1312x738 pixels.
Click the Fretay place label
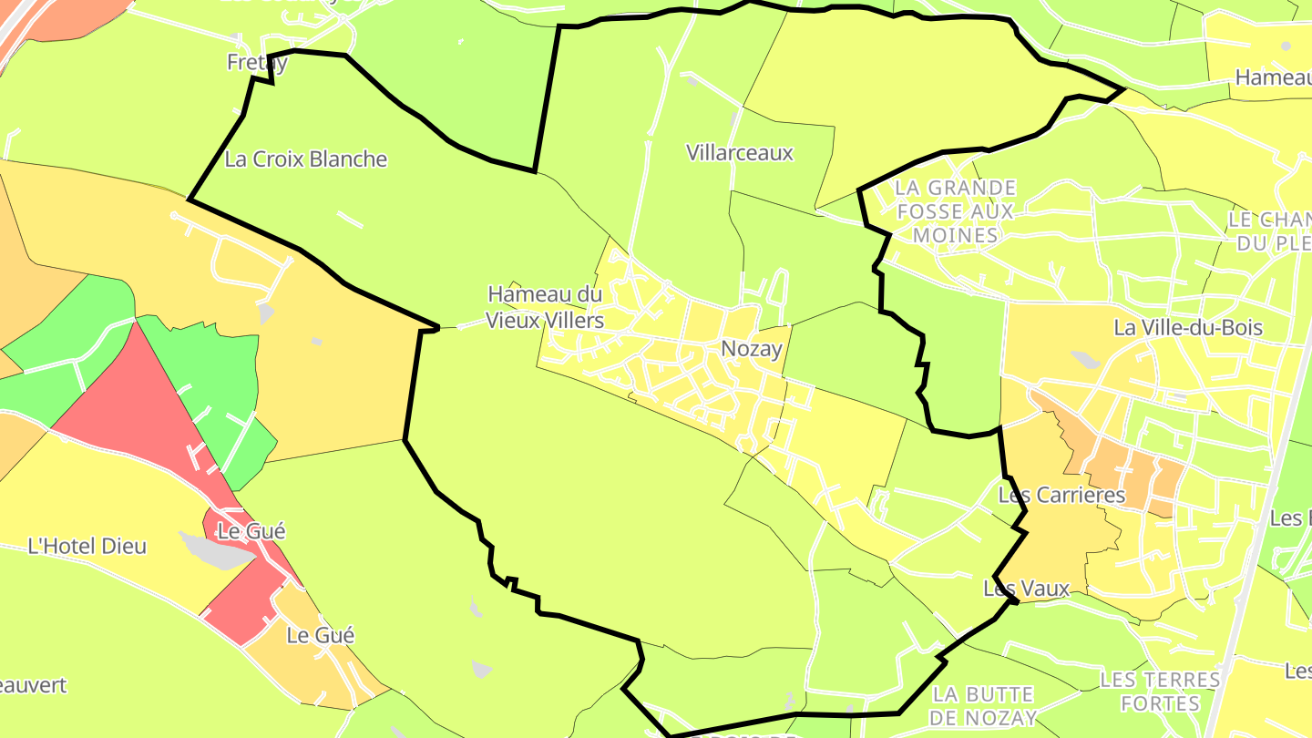[x=257, y=62]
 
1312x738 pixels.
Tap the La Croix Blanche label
[x=305, y=159]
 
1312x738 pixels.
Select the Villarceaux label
[x=740, y=153]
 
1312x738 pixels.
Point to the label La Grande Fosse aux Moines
[x=955, y=211]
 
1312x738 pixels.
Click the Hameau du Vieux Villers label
[x=545, y=307]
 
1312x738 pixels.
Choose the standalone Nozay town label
[x=751, y=348]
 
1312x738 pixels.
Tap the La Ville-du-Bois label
[x=1188, y=328]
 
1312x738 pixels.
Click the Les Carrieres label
[x=1061, y=496]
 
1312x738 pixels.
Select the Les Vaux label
[x=1026, y=589]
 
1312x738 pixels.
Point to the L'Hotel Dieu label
[x=87, y=547]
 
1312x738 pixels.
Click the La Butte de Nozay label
[x=984, y=706]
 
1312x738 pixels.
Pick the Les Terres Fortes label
[x=1159, y=691]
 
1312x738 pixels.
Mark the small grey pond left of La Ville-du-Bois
[x=1085, y=360]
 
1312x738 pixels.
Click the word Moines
[x=955, y=236]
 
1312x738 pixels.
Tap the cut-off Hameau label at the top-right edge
[x=1272, y=78]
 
